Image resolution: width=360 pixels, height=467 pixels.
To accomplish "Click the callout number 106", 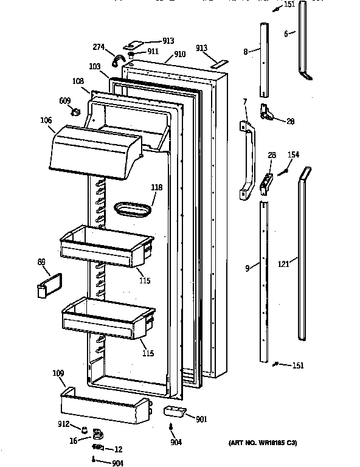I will [47, 120].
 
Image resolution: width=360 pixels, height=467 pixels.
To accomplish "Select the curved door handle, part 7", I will [247, 161].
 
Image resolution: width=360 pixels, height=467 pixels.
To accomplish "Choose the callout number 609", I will [65, 101].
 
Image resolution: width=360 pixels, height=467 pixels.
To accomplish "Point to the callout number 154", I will [293, 156].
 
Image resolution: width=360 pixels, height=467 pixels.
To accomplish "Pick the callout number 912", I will [64, 424].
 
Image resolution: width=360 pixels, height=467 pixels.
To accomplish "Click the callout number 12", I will [118, 449].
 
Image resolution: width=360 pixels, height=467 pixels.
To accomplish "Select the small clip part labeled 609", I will [77, 111].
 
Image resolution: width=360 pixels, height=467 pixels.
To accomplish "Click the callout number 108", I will [78, 80].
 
